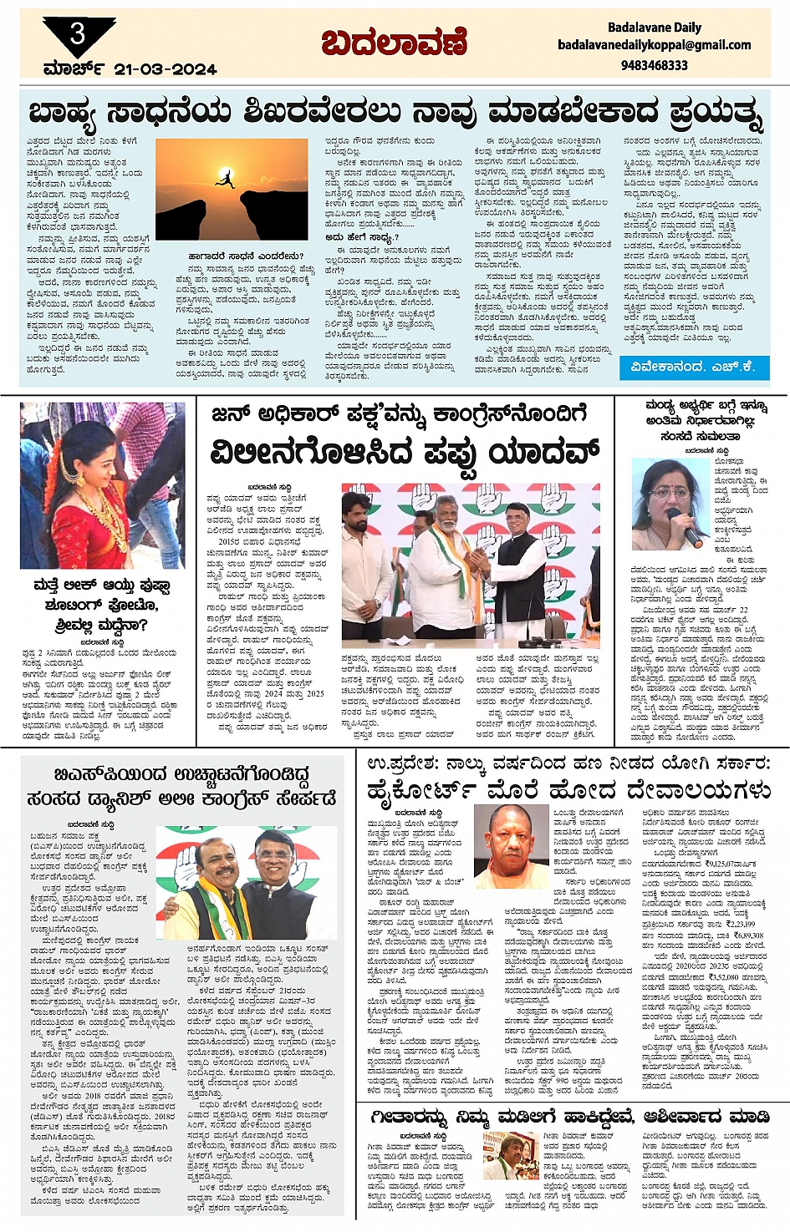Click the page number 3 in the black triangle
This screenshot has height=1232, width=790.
pyautogui.click(x=78, y=33)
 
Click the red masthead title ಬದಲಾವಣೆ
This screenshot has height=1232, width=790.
pyautogui.click(x=394, y=43)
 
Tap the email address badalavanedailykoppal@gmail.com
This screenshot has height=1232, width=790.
pyautogui.click(x=654, y=45)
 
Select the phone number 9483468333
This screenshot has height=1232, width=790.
pyautogui.click(x=654, y=64)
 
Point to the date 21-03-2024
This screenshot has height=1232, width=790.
pyautogui.click(x=166, y=69)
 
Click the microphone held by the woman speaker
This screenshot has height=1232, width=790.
pyautogui.click(x=692, y=532)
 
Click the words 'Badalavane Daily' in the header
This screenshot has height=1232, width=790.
pyautogui.click(x=654, y=27)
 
